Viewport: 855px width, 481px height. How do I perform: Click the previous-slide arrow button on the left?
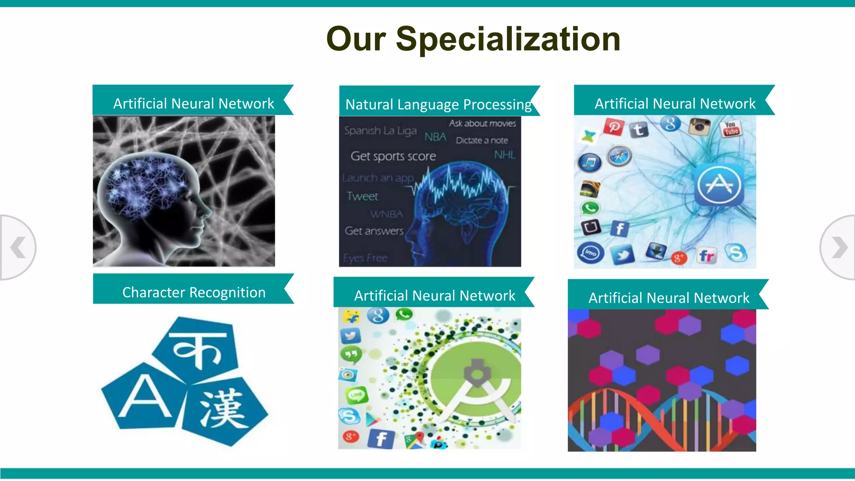click(18, 247)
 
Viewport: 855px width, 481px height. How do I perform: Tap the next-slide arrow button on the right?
click(838, 247)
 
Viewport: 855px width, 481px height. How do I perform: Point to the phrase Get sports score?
click(393, 156)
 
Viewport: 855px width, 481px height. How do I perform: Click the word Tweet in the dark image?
click(362, 196)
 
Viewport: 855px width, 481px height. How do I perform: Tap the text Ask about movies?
click(482, 123)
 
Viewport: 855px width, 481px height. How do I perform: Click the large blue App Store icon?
click(718, 185)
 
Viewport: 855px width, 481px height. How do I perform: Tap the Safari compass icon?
click(619, 157)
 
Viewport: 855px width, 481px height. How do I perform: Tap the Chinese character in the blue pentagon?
click(223, 410)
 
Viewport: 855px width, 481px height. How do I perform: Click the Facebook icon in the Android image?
click(381, 439)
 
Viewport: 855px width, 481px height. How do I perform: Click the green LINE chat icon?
click(356, 395)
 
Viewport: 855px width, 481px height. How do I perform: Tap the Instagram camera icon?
click(699, 127)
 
